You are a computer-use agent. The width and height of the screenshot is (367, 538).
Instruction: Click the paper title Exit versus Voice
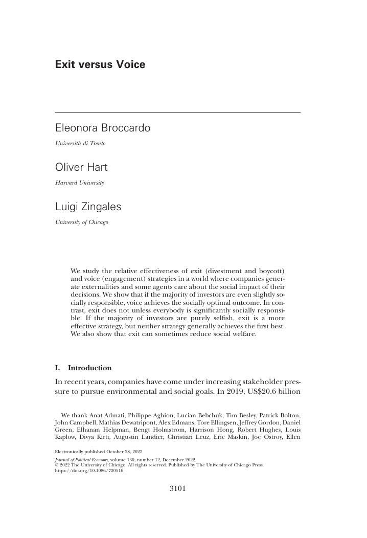100,65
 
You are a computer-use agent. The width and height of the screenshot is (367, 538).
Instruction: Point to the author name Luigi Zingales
88,207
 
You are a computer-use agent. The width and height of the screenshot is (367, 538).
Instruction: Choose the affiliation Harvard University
79,183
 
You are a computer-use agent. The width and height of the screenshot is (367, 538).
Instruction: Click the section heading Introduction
89,368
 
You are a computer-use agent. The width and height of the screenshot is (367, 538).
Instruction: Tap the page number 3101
176,488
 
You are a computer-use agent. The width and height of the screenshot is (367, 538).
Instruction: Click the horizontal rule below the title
177,112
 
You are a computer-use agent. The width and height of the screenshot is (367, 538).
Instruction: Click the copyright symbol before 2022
56,464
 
